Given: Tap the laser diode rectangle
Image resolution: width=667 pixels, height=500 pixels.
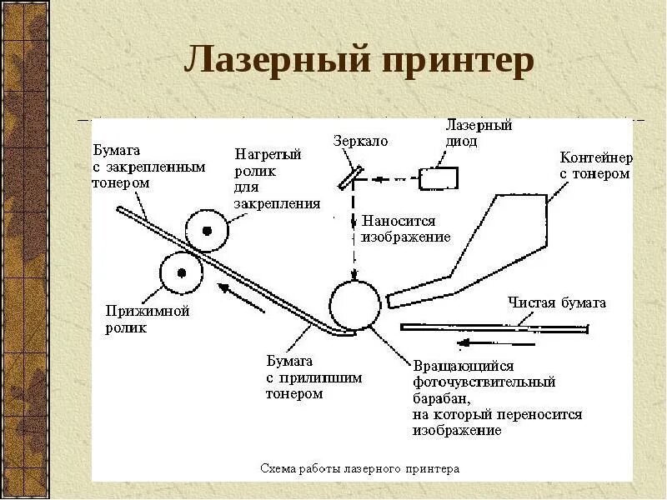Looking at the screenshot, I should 439,177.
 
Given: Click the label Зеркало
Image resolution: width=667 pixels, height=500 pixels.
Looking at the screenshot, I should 360,142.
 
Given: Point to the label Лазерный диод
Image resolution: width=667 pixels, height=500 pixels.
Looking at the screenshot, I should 479,133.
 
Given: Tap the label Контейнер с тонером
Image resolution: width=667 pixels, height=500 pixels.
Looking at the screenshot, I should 595,166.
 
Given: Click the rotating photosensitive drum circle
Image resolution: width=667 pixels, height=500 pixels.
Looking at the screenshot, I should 355,304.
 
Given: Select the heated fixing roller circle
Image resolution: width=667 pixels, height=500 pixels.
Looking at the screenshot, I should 207,230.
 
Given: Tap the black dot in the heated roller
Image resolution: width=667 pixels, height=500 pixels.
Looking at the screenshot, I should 207,230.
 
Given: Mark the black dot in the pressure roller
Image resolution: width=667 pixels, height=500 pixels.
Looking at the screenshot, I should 180,272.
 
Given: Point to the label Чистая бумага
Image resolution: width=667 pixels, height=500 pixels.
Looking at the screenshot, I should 557,302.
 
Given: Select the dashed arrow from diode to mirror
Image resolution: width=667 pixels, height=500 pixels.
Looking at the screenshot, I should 392,177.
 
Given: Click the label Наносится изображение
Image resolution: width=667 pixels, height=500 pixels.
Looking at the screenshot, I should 405,229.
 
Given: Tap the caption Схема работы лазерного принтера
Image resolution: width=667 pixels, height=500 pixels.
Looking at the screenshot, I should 359,469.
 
